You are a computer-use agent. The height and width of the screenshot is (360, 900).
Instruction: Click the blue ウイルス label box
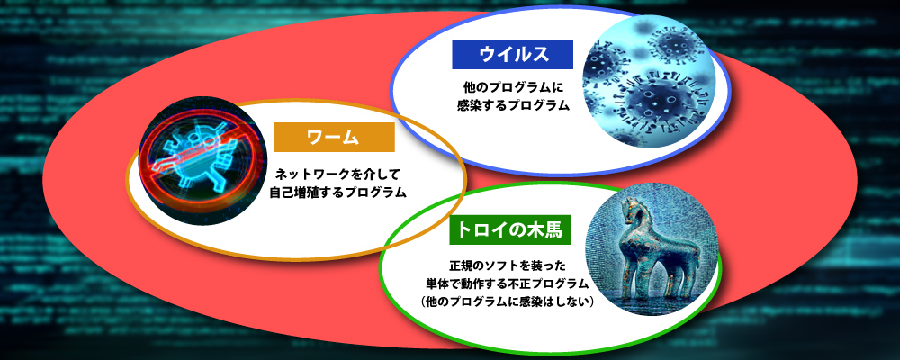512,54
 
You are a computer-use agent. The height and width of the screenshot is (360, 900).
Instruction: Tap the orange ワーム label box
334,137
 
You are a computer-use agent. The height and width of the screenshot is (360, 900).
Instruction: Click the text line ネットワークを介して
341,173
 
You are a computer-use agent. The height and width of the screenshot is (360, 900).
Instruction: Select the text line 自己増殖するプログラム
338,192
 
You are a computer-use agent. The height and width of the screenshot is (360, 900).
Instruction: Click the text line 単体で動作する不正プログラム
508,283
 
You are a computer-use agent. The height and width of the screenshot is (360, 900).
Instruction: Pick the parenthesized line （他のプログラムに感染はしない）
507,301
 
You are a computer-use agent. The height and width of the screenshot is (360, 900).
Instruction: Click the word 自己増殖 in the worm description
297,192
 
